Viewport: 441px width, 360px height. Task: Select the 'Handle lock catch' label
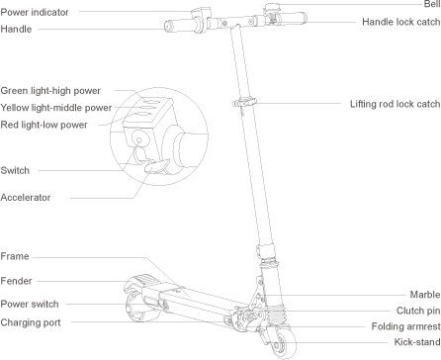[x=399, y=21]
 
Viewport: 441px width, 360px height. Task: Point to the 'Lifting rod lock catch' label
[x=394, y=104]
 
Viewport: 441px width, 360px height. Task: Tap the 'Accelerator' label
[x=26, y=197]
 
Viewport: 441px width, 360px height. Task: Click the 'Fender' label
[x=17, y=280]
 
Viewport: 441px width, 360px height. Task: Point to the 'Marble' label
[x=424, y=295]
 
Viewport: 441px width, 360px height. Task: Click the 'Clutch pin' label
[x=417, y=311]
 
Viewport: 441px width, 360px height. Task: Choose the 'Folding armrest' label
[x=405, y=326]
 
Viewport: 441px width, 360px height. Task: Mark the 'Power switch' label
[x=29, y=304]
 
